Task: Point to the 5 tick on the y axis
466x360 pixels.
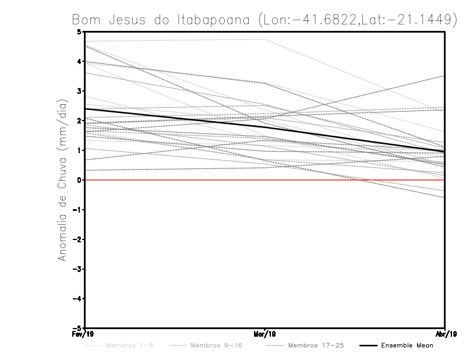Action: coord(80,31)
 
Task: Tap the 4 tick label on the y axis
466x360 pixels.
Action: coord(80,61)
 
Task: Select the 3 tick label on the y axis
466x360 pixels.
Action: coord(80,91)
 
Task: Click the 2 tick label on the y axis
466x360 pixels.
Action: coord(80,121)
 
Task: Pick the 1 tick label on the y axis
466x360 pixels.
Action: coord(80,150)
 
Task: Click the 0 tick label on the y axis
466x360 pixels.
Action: coord(80,180)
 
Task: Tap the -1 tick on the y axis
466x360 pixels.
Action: coord(78,210)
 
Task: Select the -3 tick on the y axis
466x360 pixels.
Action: coord(78,269)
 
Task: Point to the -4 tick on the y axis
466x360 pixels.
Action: coord(78,299)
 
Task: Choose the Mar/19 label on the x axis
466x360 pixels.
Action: coord(265,334)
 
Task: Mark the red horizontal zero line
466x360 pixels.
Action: coord(349,180)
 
